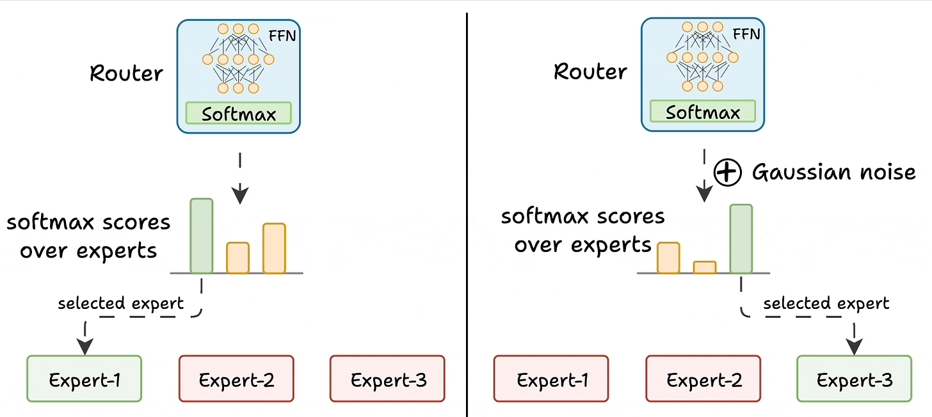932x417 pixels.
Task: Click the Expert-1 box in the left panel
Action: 84,379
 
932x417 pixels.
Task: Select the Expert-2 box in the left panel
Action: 236,379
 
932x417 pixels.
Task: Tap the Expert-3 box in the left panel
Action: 387,379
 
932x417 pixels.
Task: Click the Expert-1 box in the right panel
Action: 551,379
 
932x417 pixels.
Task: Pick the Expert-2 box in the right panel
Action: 703,379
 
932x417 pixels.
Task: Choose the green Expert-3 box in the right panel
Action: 854,379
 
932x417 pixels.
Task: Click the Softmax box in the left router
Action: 239,113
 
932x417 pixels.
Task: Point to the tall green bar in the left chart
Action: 201,236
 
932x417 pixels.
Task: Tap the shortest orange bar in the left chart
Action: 238,258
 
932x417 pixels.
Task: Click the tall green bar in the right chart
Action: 741,239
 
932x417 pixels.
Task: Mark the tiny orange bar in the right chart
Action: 705,267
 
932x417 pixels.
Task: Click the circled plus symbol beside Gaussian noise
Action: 728,173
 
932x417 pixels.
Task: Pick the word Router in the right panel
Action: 590,71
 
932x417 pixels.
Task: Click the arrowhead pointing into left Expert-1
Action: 84,346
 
